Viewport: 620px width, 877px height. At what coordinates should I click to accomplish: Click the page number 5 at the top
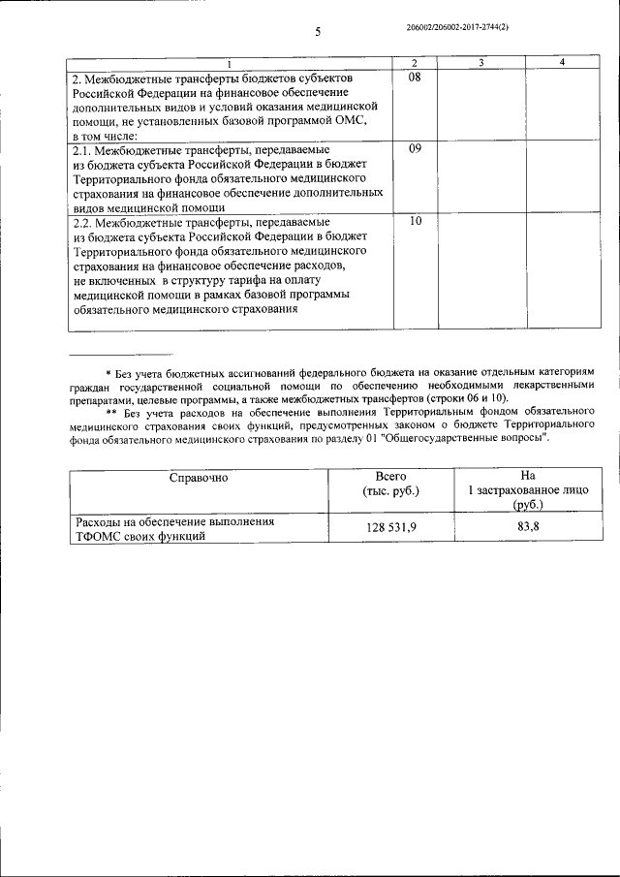click(x=318, y=33)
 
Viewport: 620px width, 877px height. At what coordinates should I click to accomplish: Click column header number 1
click(x=230, y=63)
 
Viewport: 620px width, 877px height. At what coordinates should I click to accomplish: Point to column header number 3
click(x=480, y=63)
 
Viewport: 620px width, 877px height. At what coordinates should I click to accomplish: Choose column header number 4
click(x=563, y=63)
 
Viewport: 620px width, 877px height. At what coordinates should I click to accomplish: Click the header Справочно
click(x=198, y=478)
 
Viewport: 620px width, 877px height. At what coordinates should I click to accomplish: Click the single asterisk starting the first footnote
click(x=108, y=373)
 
